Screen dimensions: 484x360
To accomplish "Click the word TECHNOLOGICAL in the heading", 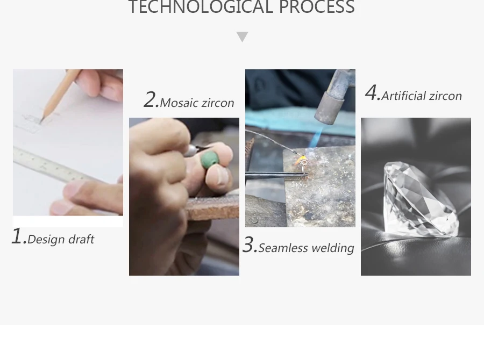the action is tap(201, 7).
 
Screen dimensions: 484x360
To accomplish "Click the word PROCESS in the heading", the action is tap(317, 7).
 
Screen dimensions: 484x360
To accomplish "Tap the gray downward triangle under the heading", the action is tap(243, 37).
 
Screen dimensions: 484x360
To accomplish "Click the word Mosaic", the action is tap(179, 103).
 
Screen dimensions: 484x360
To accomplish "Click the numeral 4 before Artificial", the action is tap(372, 92).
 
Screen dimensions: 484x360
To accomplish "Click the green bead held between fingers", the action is tap(210, 160).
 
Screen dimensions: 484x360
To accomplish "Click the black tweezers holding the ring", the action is tap(276, 175).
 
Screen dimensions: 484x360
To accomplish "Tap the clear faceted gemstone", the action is tap(421, 199).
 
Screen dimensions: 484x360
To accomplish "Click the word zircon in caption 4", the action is tap(445, 96).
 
